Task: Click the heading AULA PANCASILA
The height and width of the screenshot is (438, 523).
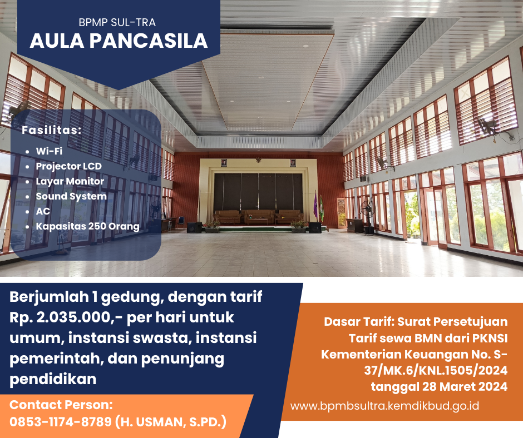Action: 119,41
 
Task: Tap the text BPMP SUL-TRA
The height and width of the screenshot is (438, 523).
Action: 117,22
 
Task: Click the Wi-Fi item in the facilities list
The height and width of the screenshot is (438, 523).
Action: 49,151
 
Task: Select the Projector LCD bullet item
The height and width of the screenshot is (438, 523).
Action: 68,166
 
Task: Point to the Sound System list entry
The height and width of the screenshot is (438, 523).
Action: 71,196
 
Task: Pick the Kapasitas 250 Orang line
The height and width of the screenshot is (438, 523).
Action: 88,226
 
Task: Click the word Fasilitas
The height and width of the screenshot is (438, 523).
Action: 51,130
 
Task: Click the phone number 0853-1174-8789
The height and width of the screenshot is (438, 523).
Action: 61,422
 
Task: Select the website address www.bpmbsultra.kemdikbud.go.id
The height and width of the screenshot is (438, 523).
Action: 384,406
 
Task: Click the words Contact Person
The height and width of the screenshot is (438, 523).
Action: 61,405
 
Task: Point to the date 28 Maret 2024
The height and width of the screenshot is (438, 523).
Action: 465,387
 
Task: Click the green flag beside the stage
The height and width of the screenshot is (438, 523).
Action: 322,208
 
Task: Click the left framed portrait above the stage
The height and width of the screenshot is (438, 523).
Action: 224,163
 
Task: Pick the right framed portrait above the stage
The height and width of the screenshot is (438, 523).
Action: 293,163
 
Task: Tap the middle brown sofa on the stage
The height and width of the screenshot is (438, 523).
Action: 259,216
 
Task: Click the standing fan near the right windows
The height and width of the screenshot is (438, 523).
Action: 368,216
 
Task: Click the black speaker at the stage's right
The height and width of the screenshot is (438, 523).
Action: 315,227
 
